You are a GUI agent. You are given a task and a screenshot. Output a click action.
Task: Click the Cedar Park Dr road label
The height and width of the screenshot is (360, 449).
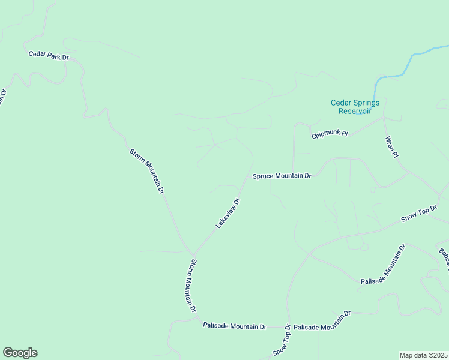[49, 55]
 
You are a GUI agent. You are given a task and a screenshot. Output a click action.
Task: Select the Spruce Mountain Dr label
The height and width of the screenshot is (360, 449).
[282, 176]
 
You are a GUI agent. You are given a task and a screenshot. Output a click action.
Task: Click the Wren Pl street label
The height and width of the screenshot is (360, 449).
[391, 147]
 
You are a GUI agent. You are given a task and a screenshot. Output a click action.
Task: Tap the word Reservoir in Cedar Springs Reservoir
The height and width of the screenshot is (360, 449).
[355, 111]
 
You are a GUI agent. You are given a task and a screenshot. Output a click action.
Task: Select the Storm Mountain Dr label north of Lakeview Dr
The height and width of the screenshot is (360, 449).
[147, 170]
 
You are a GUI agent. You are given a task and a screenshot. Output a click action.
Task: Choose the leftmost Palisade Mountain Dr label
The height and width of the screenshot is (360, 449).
[235, 326]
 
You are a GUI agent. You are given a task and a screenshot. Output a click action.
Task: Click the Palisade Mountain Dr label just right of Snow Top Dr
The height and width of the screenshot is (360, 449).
[322, 322]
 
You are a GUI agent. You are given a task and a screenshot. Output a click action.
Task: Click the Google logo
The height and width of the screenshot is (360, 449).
[20, 353]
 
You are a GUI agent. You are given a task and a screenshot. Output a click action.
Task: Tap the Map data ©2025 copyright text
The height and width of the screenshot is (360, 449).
[424, 355]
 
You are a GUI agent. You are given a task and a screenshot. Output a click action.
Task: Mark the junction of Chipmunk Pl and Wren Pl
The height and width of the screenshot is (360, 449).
[384, 118]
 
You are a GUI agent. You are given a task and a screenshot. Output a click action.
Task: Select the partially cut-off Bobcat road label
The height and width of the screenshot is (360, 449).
[443, 255]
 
